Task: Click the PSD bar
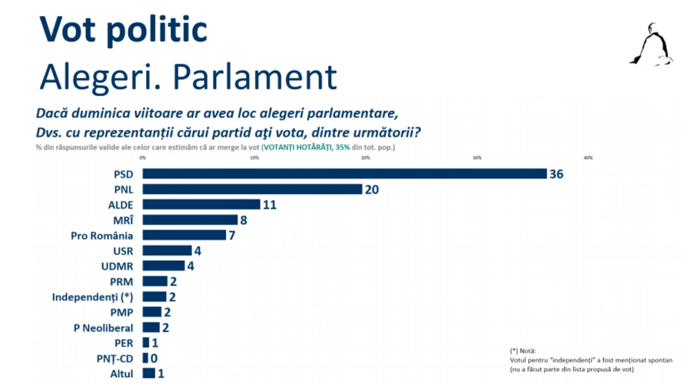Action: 344,174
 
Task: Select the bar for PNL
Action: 252,189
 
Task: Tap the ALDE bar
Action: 201,204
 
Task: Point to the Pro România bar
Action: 184,235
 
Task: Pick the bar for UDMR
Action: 164,266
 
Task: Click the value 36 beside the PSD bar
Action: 556,174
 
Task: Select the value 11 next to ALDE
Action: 269,205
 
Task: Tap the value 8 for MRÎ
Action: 243,220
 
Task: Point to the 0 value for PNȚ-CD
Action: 154,358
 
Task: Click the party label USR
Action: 123,251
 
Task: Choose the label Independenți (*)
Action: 92,297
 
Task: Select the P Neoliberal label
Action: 103,328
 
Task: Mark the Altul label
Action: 121,374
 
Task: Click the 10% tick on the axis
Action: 254,158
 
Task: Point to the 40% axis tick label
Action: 588,158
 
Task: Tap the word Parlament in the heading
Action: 254,77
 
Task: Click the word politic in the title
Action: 156,30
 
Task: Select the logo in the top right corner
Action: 651,45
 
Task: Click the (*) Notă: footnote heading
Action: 523,351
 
